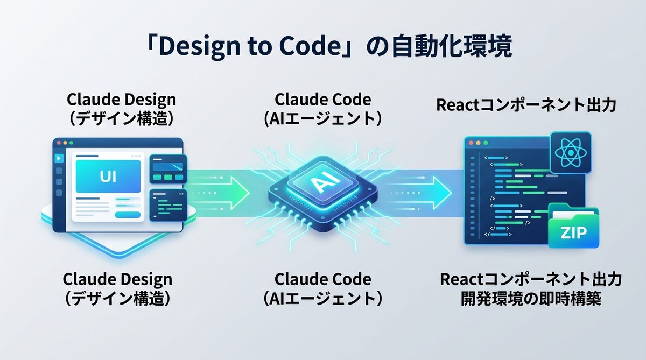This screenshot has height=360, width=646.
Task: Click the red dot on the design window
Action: coord(57,144)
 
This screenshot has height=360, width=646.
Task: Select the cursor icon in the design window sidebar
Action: coord(59,158)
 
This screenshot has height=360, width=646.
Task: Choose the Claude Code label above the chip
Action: coord(322,100)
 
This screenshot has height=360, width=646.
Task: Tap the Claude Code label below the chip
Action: coord(322,279)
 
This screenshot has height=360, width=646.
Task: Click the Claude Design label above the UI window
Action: coord(121,100)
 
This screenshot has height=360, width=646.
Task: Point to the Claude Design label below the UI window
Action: coord(117,279)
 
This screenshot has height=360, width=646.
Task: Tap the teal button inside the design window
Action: coord(128,215)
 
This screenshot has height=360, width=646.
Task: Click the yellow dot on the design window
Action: coord(64,144)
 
